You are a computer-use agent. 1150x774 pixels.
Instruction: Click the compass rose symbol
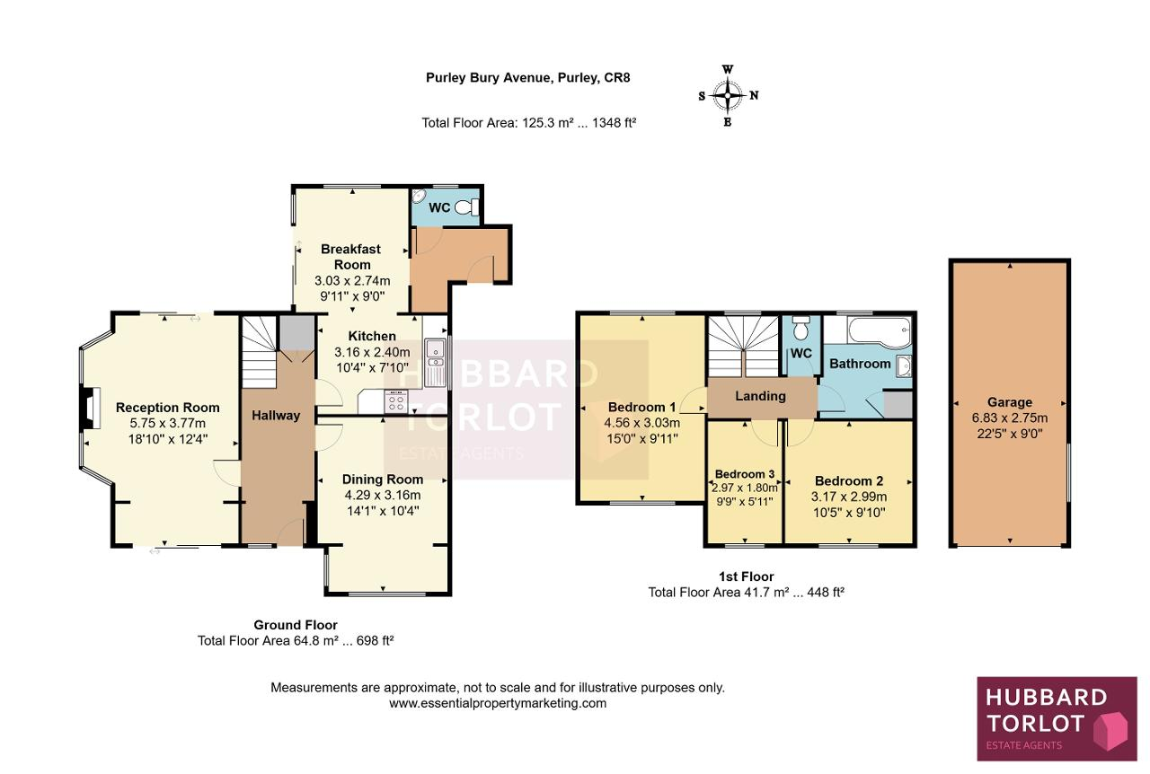point(728,95)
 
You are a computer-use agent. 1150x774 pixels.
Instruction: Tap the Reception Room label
point(167,408)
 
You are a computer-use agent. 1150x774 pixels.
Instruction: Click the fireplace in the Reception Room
point(90,409)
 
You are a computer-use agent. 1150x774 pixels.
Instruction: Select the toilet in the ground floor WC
point(466,207)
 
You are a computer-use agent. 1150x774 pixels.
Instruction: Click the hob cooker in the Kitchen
point(396,400)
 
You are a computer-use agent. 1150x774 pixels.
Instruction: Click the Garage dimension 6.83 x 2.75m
point(1009,418)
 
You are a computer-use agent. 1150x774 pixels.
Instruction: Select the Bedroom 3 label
point(745,474)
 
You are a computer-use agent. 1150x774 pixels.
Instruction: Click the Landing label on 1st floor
point(760,396)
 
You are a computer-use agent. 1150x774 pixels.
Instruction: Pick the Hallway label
point(276,415)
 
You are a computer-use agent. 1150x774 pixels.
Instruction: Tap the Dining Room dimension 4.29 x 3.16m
point(383,496)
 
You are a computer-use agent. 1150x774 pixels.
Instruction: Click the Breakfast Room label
point(351,257)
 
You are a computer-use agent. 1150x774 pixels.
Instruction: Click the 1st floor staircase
point(743,347)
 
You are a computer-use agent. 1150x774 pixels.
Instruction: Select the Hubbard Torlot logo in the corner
point(1057,718)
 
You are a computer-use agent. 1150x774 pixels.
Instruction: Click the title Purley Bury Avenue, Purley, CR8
point(527,77)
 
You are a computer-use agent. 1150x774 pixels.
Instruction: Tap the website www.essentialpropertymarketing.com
point(498,703)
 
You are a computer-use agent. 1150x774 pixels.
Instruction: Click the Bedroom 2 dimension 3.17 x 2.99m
point(849,497)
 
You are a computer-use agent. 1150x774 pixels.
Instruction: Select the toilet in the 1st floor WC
point(801,328)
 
